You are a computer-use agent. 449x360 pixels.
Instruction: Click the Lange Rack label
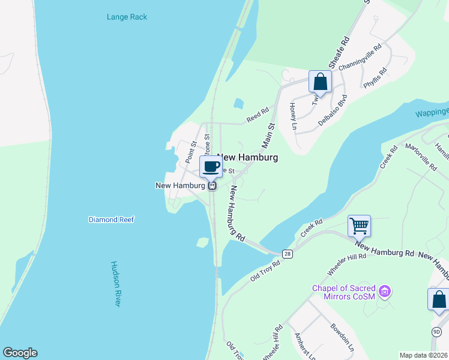127,17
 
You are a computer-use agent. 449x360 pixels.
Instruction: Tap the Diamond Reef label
111,220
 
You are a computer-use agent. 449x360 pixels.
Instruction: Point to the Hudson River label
116,284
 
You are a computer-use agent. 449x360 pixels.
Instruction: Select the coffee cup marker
211,167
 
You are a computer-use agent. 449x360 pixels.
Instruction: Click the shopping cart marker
359,226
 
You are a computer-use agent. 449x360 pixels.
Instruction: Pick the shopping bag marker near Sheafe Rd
320,81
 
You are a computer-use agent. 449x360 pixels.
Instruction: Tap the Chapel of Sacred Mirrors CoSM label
346,292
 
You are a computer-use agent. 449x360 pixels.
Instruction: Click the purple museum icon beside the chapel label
385,292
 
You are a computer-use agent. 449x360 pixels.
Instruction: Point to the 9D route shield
436,332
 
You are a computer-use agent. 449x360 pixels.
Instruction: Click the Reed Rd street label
258,116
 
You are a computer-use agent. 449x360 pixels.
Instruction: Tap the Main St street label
268,136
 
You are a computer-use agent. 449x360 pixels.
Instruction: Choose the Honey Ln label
294,116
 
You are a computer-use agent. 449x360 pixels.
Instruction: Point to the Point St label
190,152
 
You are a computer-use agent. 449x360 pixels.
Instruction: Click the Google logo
20,353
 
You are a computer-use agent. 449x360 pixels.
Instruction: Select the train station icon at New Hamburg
212,186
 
